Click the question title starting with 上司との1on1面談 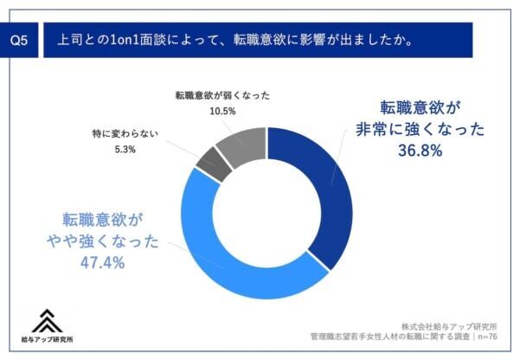(x=234, y=40)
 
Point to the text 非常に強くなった (x=420, y=130)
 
